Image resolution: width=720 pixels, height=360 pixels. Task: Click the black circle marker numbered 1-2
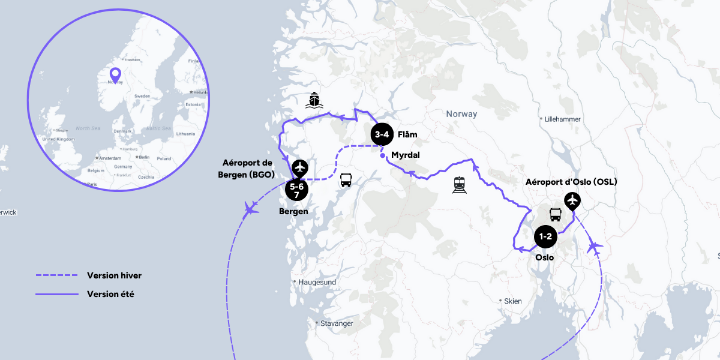tap(545, 236)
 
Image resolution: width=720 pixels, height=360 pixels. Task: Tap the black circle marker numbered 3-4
tap(382, 135)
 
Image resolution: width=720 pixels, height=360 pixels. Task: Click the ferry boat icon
tap(313, 100)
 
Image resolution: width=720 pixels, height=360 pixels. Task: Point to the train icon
tap(460, 184)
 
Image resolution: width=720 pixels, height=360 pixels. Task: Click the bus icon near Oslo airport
tap(555, 215)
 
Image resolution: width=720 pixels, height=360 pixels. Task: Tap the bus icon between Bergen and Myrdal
tap(346, 180)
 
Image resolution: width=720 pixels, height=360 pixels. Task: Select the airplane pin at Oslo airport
tap(573, 200)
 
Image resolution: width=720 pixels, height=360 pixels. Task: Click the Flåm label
tap(407, 135)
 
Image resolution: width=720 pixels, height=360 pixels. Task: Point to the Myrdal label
tap(405, 155)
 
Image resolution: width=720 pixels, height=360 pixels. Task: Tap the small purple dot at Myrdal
tap(383, 157)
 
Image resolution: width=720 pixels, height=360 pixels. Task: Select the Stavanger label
tap(337, 323)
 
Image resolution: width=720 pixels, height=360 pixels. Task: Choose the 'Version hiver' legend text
tap(114, 275)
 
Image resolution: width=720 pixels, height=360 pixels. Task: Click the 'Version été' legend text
tap(110, 294)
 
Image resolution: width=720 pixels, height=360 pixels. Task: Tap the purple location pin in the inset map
tap(115, 75)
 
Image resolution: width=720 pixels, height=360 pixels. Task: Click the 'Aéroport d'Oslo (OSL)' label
tap(571, 182)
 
